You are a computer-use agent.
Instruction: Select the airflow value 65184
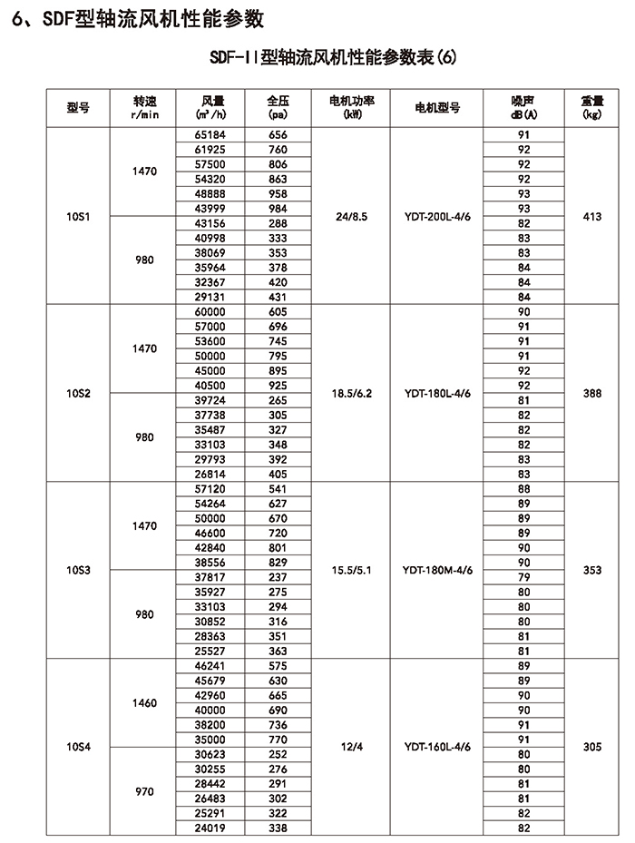(209, 134)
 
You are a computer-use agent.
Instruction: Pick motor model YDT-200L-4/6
(436, 217)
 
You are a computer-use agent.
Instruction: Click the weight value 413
(592, 217)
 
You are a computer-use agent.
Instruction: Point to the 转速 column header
(145, 105)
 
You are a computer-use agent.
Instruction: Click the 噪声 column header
(523, 105)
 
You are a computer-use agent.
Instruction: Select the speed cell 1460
(144, 702)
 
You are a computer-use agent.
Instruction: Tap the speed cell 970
(144, 791)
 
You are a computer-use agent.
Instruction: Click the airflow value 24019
(209, 828)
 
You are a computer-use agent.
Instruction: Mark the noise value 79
(523, 577)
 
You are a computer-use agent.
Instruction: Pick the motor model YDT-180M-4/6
(436, 570)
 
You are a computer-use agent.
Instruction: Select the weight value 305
(592, 747)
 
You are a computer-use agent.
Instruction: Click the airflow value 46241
(209, 665)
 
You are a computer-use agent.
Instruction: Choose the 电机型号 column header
(436, 106)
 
